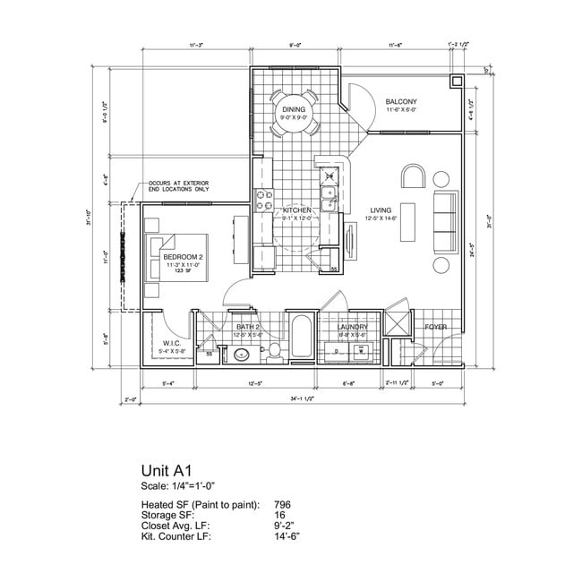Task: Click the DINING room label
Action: point(294,109)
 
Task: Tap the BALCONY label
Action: point(400,102)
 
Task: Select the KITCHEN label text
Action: point(296,210)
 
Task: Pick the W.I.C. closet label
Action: point(172,343)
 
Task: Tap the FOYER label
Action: point(435,328)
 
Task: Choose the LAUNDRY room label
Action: point(352,328)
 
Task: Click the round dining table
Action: point(295,114)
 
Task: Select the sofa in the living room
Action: point(444,220)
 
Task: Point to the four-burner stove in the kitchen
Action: point(265,199)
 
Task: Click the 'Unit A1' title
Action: point(167,469)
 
